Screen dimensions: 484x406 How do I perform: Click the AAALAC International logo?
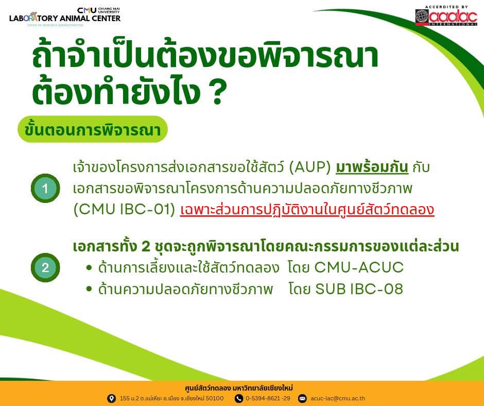pos(446,16)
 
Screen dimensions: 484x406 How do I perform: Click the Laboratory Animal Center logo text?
pos(65,18)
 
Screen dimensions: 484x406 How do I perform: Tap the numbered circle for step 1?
pos(45,188)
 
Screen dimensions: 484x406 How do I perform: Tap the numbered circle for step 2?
pos(45,267)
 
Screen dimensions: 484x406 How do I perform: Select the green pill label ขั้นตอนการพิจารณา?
pos(93,129)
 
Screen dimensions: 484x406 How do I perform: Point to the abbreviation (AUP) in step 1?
pos(310,167)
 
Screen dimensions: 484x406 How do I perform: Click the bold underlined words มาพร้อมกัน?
pos(372,167)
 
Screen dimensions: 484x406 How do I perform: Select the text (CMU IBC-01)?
pos(125,209)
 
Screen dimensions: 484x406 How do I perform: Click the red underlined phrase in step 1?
pos(307,209)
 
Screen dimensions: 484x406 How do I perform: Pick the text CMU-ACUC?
pos(359,267)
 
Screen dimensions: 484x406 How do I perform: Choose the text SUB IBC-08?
pos(359,289)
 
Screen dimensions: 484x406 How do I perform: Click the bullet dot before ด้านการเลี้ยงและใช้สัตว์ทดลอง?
pos(89,267)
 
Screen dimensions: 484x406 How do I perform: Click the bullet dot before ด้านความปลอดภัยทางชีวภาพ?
pos(89,289)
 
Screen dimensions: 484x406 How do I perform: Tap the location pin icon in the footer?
pos(111,398)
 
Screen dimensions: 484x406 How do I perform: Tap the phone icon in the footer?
pos(238,398)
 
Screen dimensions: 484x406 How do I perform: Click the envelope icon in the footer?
pos(302,398)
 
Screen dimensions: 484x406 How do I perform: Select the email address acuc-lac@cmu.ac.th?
pos(338,398)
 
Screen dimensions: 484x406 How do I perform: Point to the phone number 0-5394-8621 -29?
pos(268,398)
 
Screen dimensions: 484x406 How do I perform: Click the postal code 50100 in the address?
pos(215,398)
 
